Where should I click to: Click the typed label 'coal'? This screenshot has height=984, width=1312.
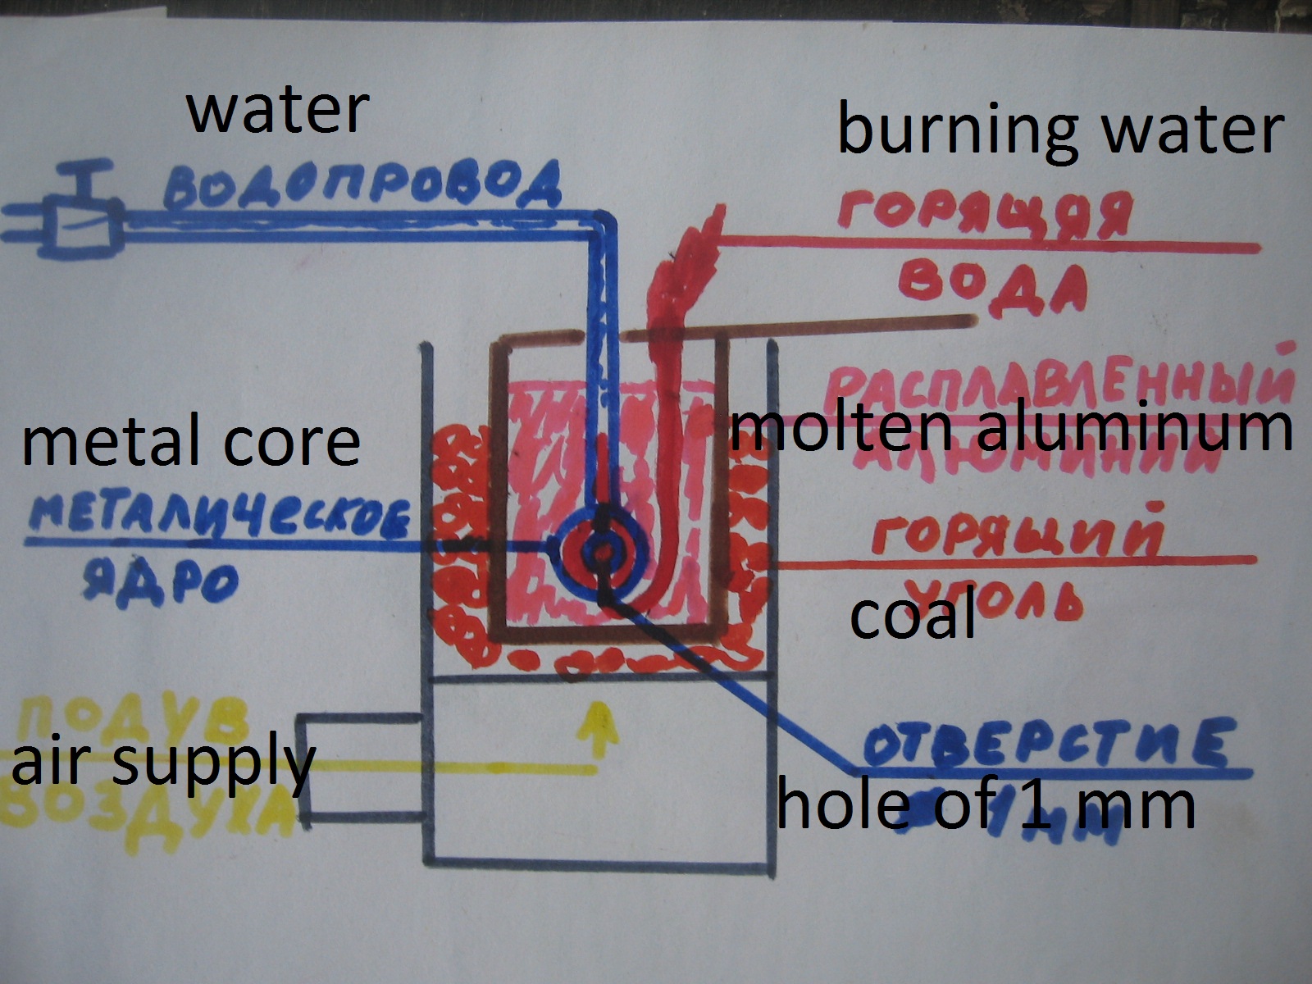pos(913,617)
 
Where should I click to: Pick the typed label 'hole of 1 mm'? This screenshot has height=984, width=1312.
pos(984,805)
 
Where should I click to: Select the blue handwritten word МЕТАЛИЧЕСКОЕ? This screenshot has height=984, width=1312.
pos(219,519)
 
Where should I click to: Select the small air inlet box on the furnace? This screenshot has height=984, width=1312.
pos(361,768)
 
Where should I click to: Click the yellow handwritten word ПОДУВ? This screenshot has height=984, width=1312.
pos(131,722)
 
